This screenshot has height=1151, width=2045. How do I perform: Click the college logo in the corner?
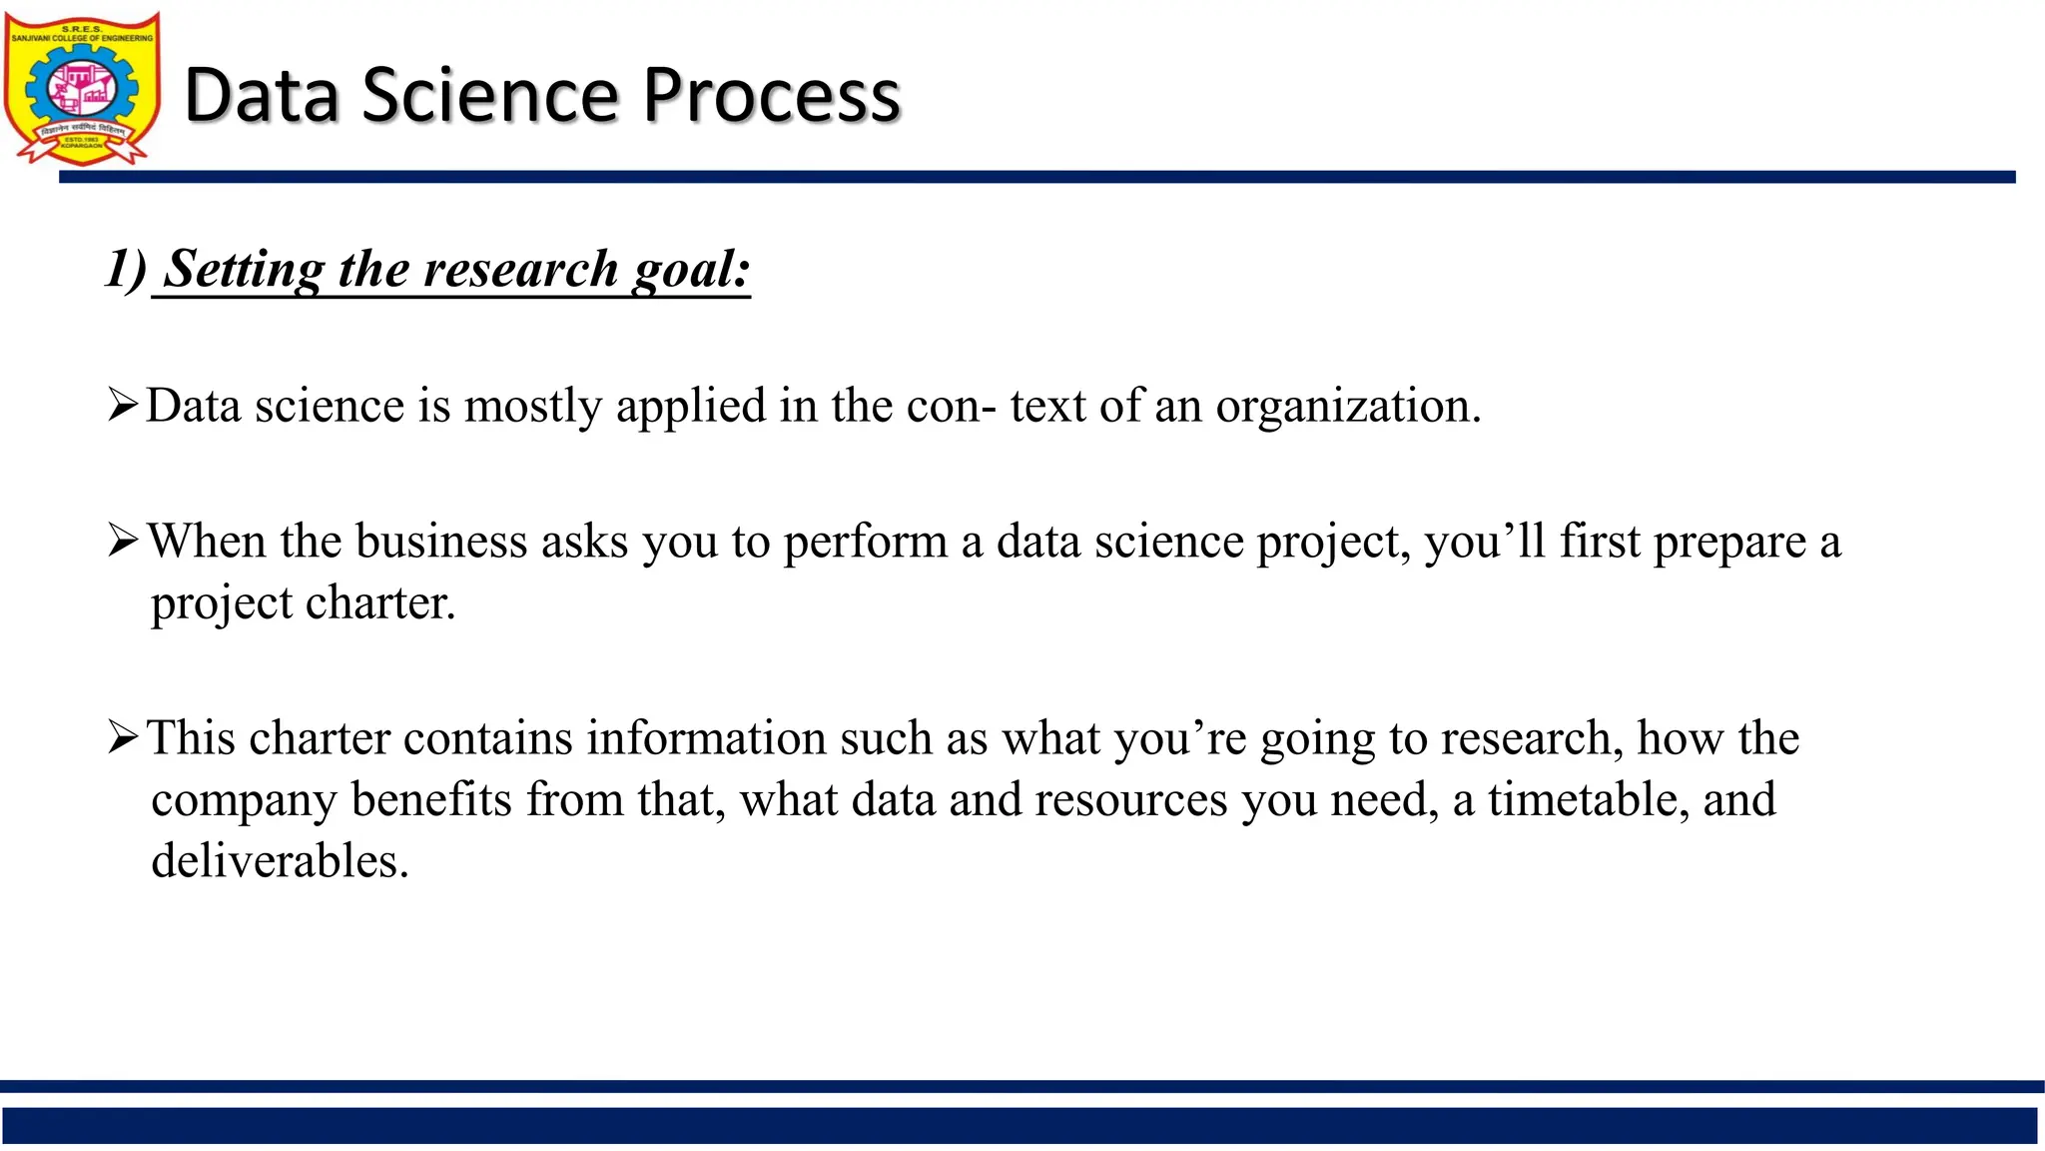82,88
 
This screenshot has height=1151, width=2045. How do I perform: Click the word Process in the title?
771,96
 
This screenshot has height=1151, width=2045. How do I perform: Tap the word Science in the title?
490,96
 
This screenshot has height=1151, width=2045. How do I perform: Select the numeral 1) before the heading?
126,270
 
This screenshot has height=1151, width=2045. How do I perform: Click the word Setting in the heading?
245,270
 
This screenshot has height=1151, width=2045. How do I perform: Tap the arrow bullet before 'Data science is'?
123,406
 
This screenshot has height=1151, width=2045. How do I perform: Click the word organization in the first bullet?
1347,407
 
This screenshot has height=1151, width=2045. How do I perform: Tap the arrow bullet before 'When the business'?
123,542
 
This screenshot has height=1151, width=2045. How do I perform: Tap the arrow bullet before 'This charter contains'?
123,738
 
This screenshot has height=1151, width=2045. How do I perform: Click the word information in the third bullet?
705,738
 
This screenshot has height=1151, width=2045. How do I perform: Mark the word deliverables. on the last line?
280,861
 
